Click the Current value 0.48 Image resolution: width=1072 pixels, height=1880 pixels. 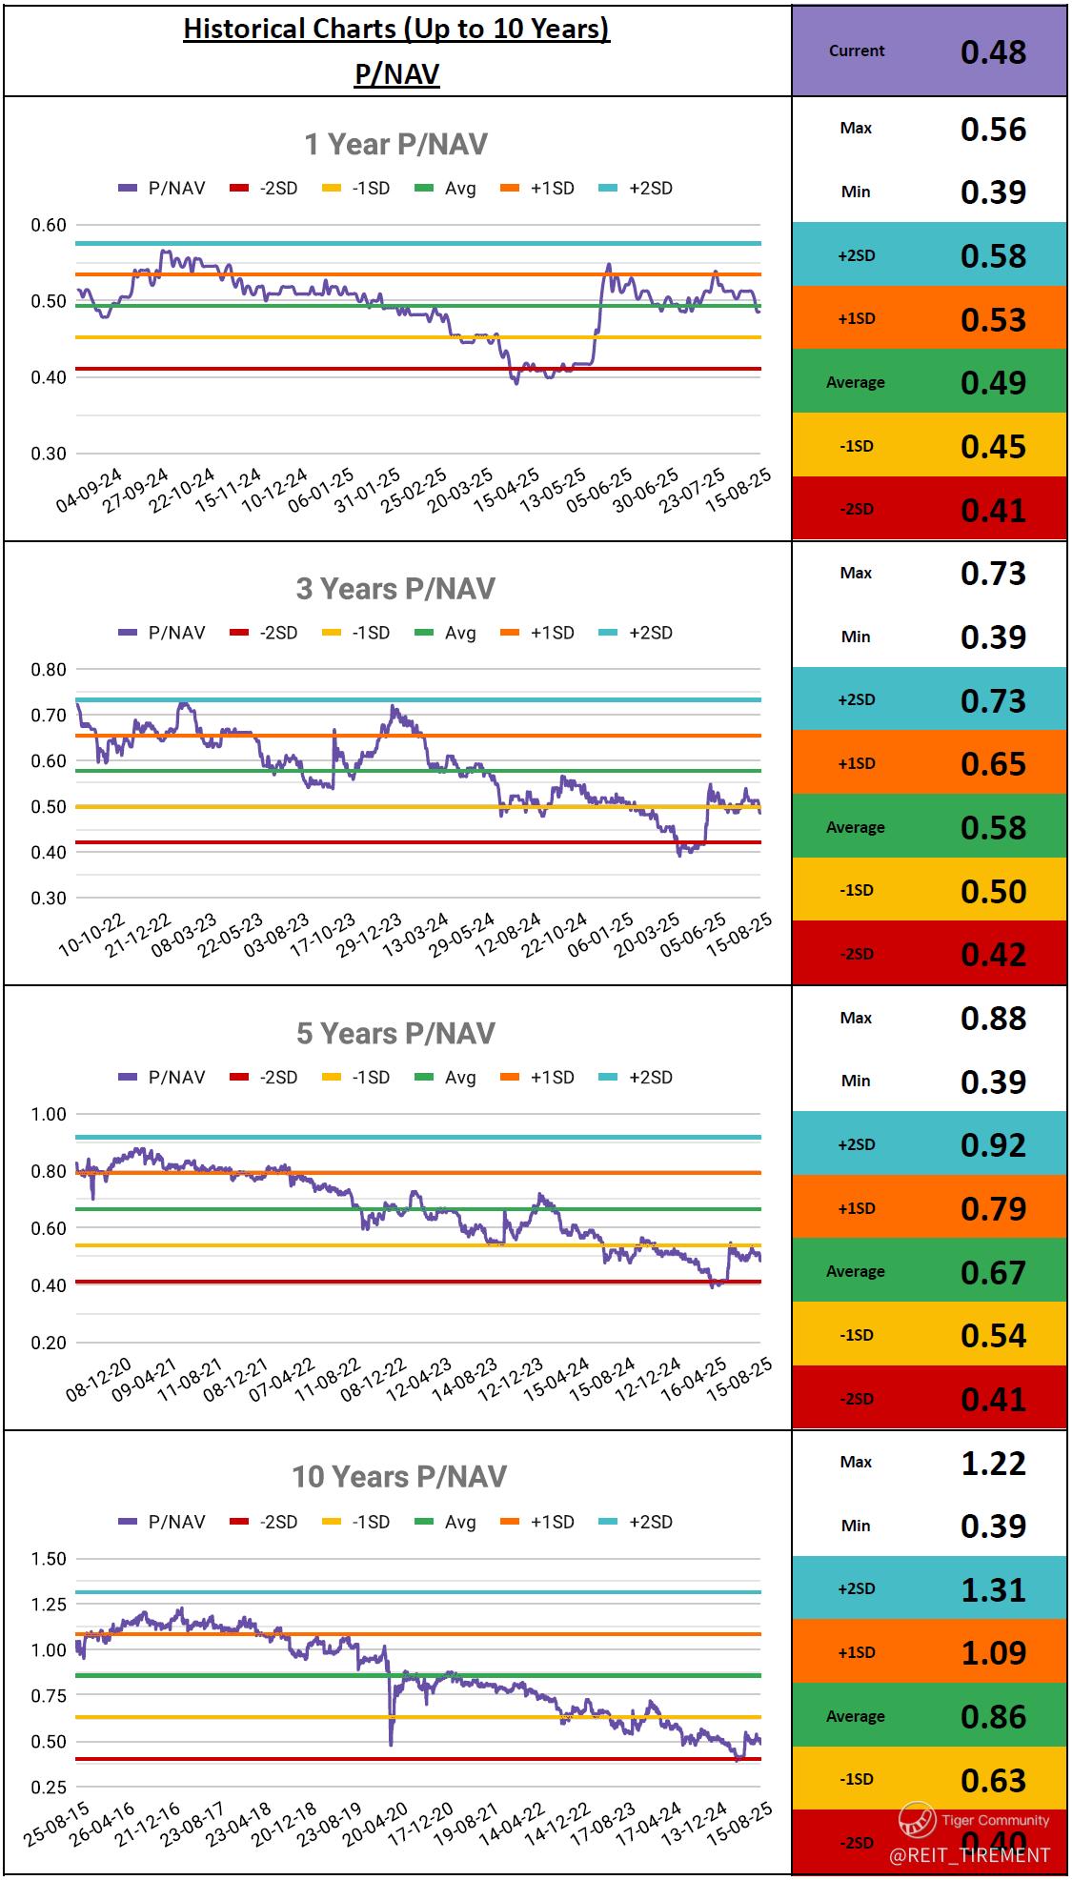[x=993, y=51]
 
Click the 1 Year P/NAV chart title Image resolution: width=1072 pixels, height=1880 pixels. [x=395, y=144]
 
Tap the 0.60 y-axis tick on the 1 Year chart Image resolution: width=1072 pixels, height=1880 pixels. [x=49, y=225]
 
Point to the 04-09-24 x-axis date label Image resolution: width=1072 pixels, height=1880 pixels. [x=90, y=491]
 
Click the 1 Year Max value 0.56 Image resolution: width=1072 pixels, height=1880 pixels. [x=993, y=129]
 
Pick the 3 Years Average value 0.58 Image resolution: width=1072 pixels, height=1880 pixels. [x=993, y=827]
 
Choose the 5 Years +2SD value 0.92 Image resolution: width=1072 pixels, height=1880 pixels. [x=993, y=1144]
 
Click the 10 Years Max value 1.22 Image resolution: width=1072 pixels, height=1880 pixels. [x=993, y=1463]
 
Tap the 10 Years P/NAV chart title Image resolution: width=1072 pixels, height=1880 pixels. [x=398, y=1477]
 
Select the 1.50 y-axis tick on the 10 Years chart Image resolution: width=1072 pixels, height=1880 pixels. [x=49, y=1559]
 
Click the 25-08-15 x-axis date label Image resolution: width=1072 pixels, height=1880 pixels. [x=57, y=1824]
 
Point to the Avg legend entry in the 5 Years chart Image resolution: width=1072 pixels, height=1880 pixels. [x=448, y=1078]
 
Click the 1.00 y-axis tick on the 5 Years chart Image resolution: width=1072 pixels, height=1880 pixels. [x=49, y=1114]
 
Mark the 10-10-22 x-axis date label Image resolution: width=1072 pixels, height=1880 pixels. [x=91, y=935]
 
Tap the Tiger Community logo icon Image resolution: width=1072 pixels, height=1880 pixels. [x=917, y=1820]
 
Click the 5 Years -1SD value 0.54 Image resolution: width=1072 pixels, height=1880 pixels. [x=993, y=1335]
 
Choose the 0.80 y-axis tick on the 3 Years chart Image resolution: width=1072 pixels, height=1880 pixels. [x=49, y=669]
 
